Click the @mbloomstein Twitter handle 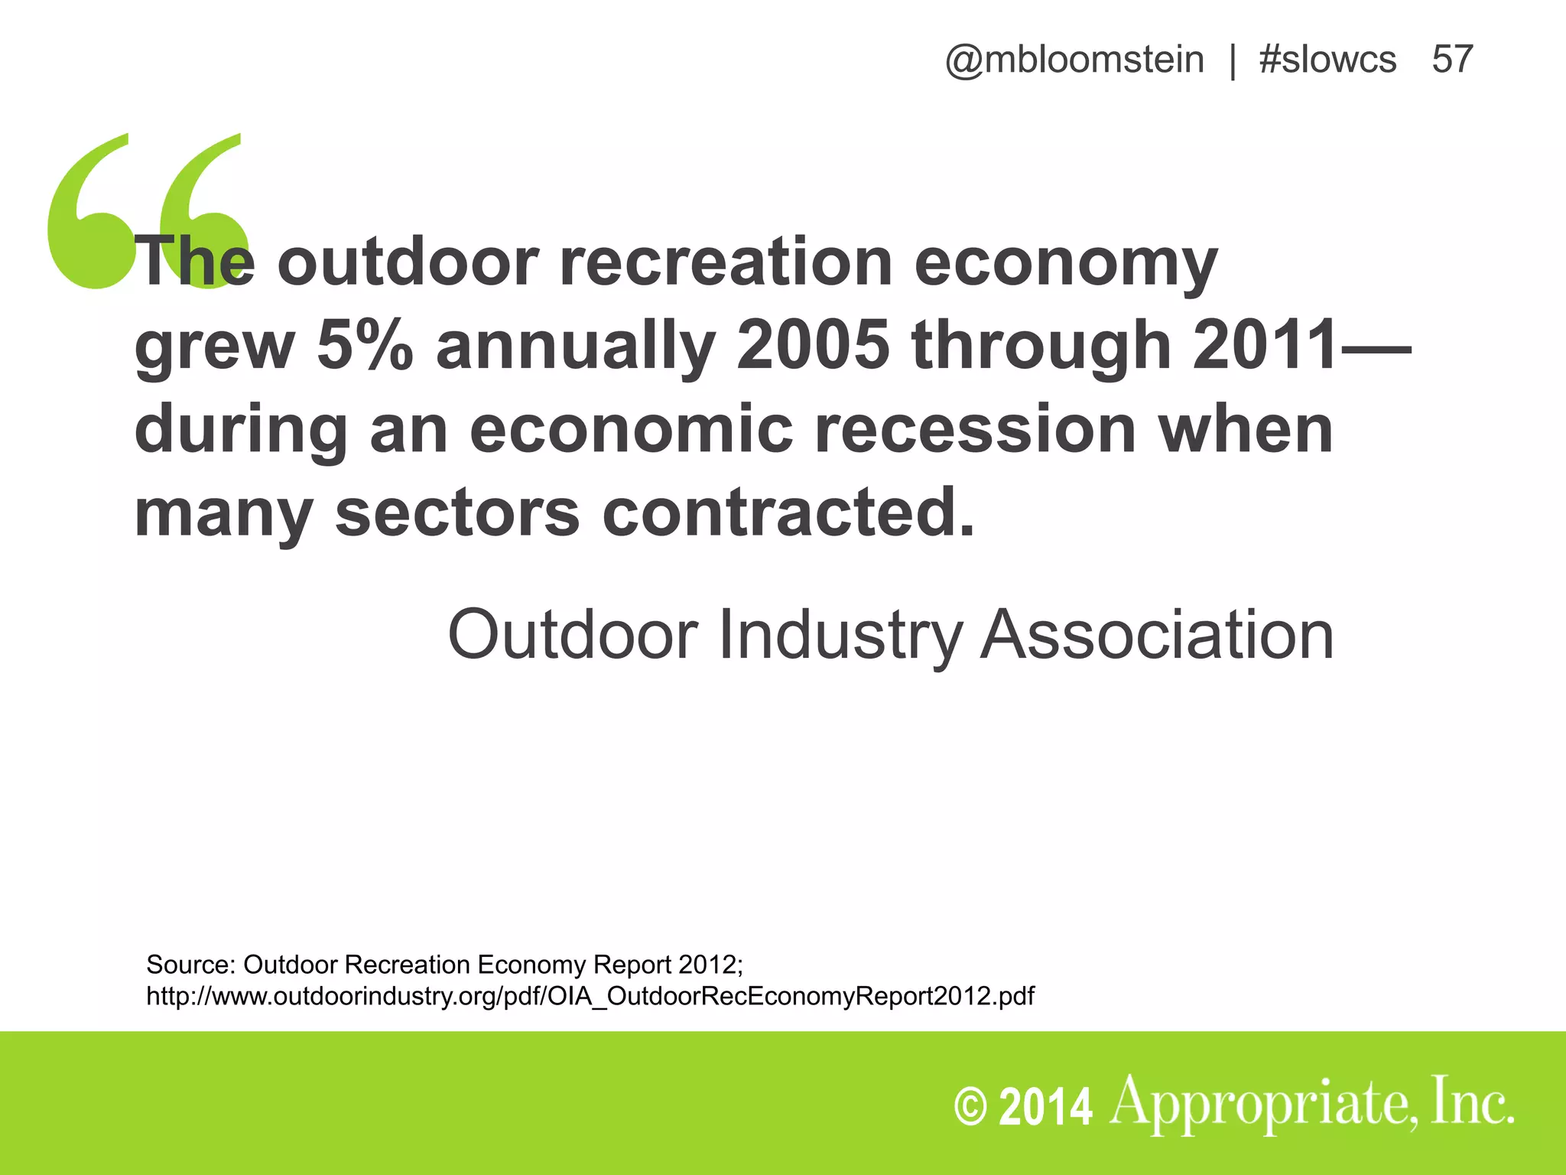(1074, 60)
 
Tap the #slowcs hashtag (1327, 60)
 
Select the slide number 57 (1452, 60)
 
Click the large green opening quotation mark (145, 210)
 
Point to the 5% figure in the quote (365, 345)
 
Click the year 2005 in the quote (813, 345)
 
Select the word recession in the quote (974, 429)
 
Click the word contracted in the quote (788, 513)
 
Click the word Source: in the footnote (190, 965)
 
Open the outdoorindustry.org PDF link (590, 996)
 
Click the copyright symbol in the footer (971, 1107)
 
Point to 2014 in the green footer (1045, 1107)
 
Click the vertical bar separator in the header (1233, 60)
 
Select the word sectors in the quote (457, 513)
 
